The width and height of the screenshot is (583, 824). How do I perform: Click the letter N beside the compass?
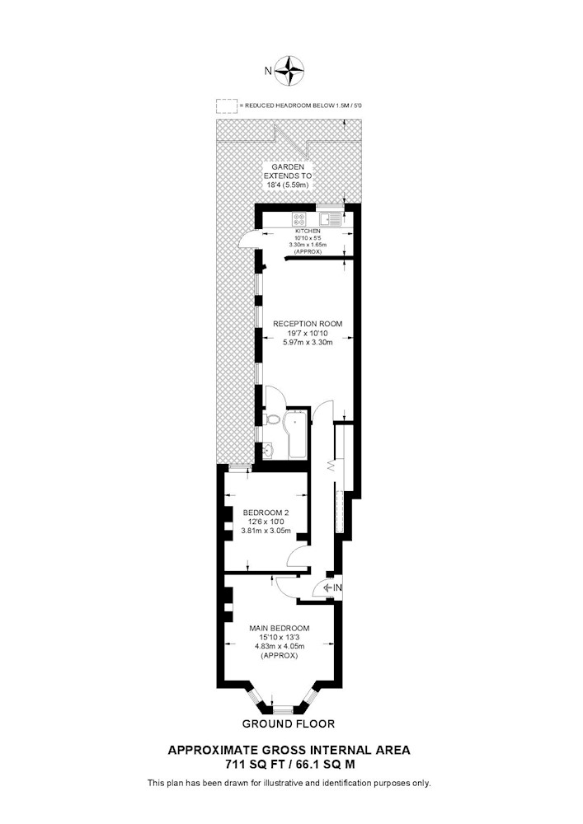[268, 71]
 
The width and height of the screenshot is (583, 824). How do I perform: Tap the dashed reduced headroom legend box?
[226, 106]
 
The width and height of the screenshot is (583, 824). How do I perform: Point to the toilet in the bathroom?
[272, 419]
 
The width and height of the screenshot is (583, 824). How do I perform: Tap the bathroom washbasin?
[269, 451]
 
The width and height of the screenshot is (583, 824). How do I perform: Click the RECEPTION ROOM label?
[308, 324]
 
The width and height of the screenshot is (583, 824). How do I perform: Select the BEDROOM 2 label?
[266, 513]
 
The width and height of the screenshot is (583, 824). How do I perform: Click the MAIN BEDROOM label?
[280, 628]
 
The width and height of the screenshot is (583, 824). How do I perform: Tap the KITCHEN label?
[308, 232]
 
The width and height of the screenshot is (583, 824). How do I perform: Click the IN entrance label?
[337, 588]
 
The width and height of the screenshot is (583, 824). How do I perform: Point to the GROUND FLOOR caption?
[288, 723]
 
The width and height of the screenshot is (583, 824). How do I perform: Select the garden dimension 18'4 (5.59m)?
[287, 185]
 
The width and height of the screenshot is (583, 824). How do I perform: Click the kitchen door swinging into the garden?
[246, 239]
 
